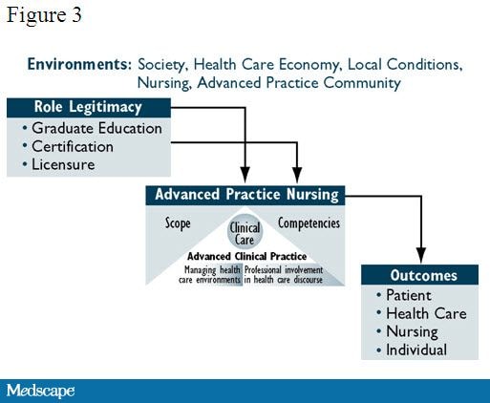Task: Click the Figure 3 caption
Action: click(44, 15)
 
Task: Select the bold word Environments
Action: click(79, 64)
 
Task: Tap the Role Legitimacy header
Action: click(88, 107)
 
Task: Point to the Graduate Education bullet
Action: click(93, 128)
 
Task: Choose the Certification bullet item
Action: click(68, 146)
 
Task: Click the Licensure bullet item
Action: click(58, 164)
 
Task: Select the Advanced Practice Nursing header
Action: click(245, 195)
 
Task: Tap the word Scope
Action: click(178, 223)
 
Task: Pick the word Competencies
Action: click(309, 223)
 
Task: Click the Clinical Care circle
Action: click(245, 231)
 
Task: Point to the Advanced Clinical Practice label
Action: click(246, 256)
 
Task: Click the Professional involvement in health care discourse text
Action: click(284, 275)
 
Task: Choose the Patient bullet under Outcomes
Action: click(404, 295)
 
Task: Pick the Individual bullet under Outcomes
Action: click(412, 350)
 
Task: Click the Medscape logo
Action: click(40, 391)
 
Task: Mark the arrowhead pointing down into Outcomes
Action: click(421, 256)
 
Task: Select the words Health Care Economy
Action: click(266, 65)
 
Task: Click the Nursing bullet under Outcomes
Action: click(407, 332)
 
